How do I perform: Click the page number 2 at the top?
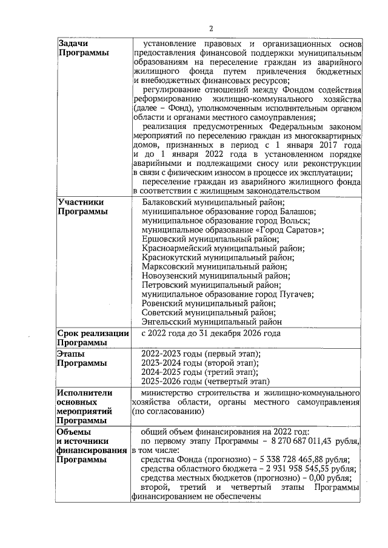(211, 28)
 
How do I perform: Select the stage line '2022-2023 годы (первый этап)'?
(201, 354)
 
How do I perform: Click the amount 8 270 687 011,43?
(293, 441)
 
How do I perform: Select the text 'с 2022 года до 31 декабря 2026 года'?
(211, 333)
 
